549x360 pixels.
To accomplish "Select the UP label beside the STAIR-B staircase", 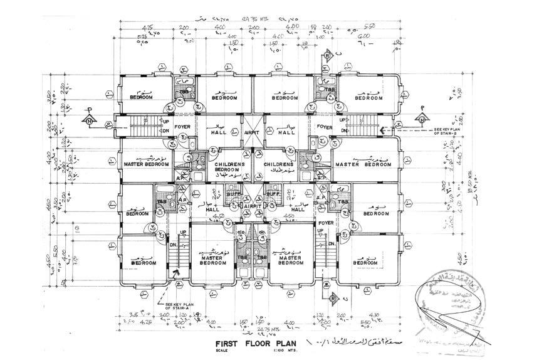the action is [x=342, y=119].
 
